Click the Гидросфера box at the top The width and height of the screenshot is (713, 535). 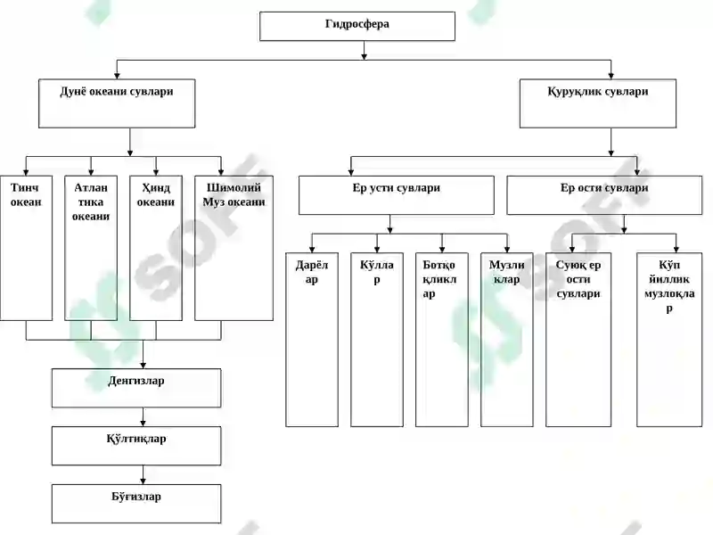[x=357, y=27]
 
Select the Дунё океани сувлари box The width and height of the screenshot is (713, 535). [x=117, y=103]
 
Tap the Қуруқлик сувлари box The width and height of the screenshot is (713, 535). [x=597, y=103]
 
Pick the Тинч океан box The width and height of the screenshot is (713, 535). [x=26, y=248]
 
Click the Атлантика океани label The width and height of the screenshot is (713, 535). [x=91, y=202]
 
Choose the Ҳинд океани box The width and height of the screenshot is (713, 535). [x=156, y=248]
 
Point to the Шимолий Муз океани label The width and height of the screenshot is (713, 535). [x=234, y=194]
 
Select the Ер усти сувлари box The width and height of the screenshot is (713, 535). [x=396, y=195]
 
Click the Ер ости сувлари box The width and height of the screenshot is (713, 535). [x=604, y=195]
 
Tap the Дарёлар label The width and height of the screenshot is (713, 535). [x=311, y=272]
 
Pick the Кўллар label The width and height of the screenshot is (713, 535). [x=376, y=272]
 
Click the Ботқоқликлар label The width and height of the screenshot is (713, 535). [x=439, y=279]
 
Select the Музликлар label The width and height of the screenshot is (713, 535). [x=506, y=272]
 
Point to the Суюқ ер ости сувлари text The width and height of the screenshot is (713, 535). [x=578, y=279]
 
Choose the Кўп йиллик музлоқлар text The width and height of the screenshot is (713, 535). [x=669, y=286]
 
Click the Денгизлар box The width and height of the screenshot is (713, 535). [x=136, y=388]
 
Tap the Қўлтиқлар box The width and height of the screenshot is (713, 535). [x=136, y=446]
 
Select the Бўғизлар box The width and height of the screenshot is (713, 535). [x=136, y=504]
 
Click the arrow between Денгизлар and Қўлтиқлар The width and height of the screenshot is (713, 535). [x=143, y=416]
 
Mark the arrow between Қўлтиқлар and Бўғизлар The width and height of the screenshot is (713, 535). [x=143, y=474]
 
